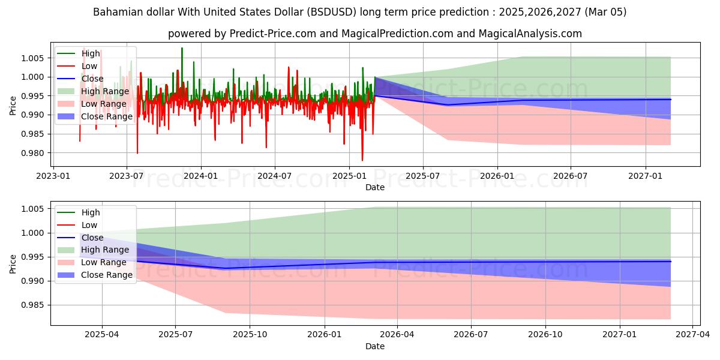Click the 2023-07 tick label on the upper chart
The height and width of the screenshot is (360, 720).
pyautogui.click(x=127, y=176)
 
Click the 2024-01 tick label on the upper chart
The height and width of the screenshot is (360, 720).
pyautogui.click(x=200, y=176)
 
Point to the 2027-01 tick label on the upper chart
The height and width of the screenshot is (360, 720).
pyautogui.click(x=646, y=176)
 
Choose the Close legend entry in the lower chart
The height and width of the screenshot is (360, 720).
pyautogui.click(x=92, y=238)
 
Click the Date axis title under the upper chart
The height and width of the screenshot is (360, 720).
pyautogui.click(x=375, y=187)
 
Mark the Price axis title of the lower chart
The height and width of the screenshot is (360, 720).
pyautogui.click(x=13, y=263)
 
